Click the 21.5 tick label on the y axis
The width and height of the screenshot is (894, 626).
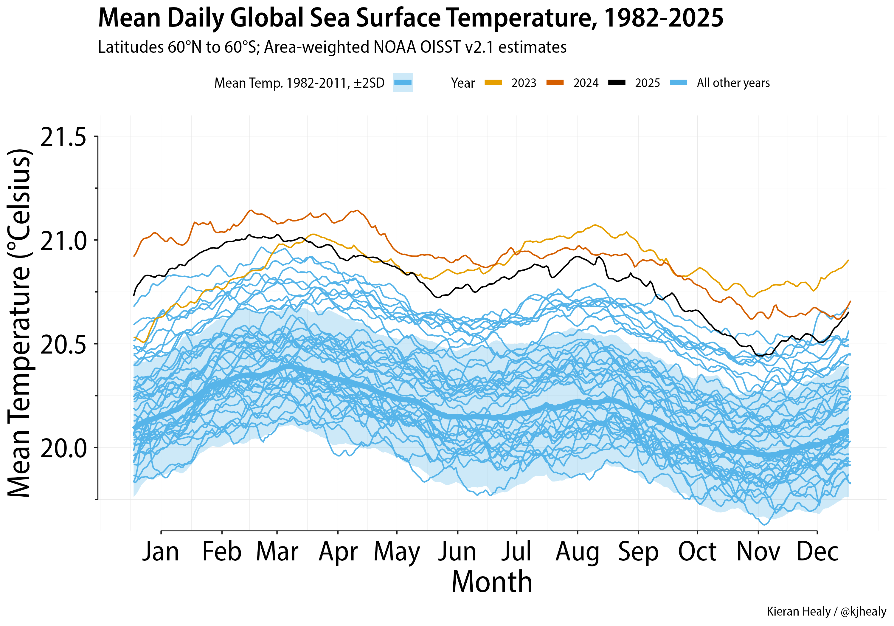63,137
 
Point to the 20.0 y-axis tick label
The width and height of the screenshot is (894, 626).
63,448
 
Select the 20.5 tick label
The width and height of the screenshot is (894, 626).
63,344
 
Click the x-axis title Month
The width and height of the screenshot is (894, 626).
492,582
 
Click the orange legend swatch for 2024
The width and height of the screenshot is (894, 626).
555,83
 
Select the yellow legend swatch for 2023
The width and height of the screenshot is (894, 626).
493,83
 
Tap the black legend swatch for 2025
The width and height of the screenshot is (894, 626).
617,83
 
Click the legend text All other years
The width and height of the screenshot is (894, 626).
733,83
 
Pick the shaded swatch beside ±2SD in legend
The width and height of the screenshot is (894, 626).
403,83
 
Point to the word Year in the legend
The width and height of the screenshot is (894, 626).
462,83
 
